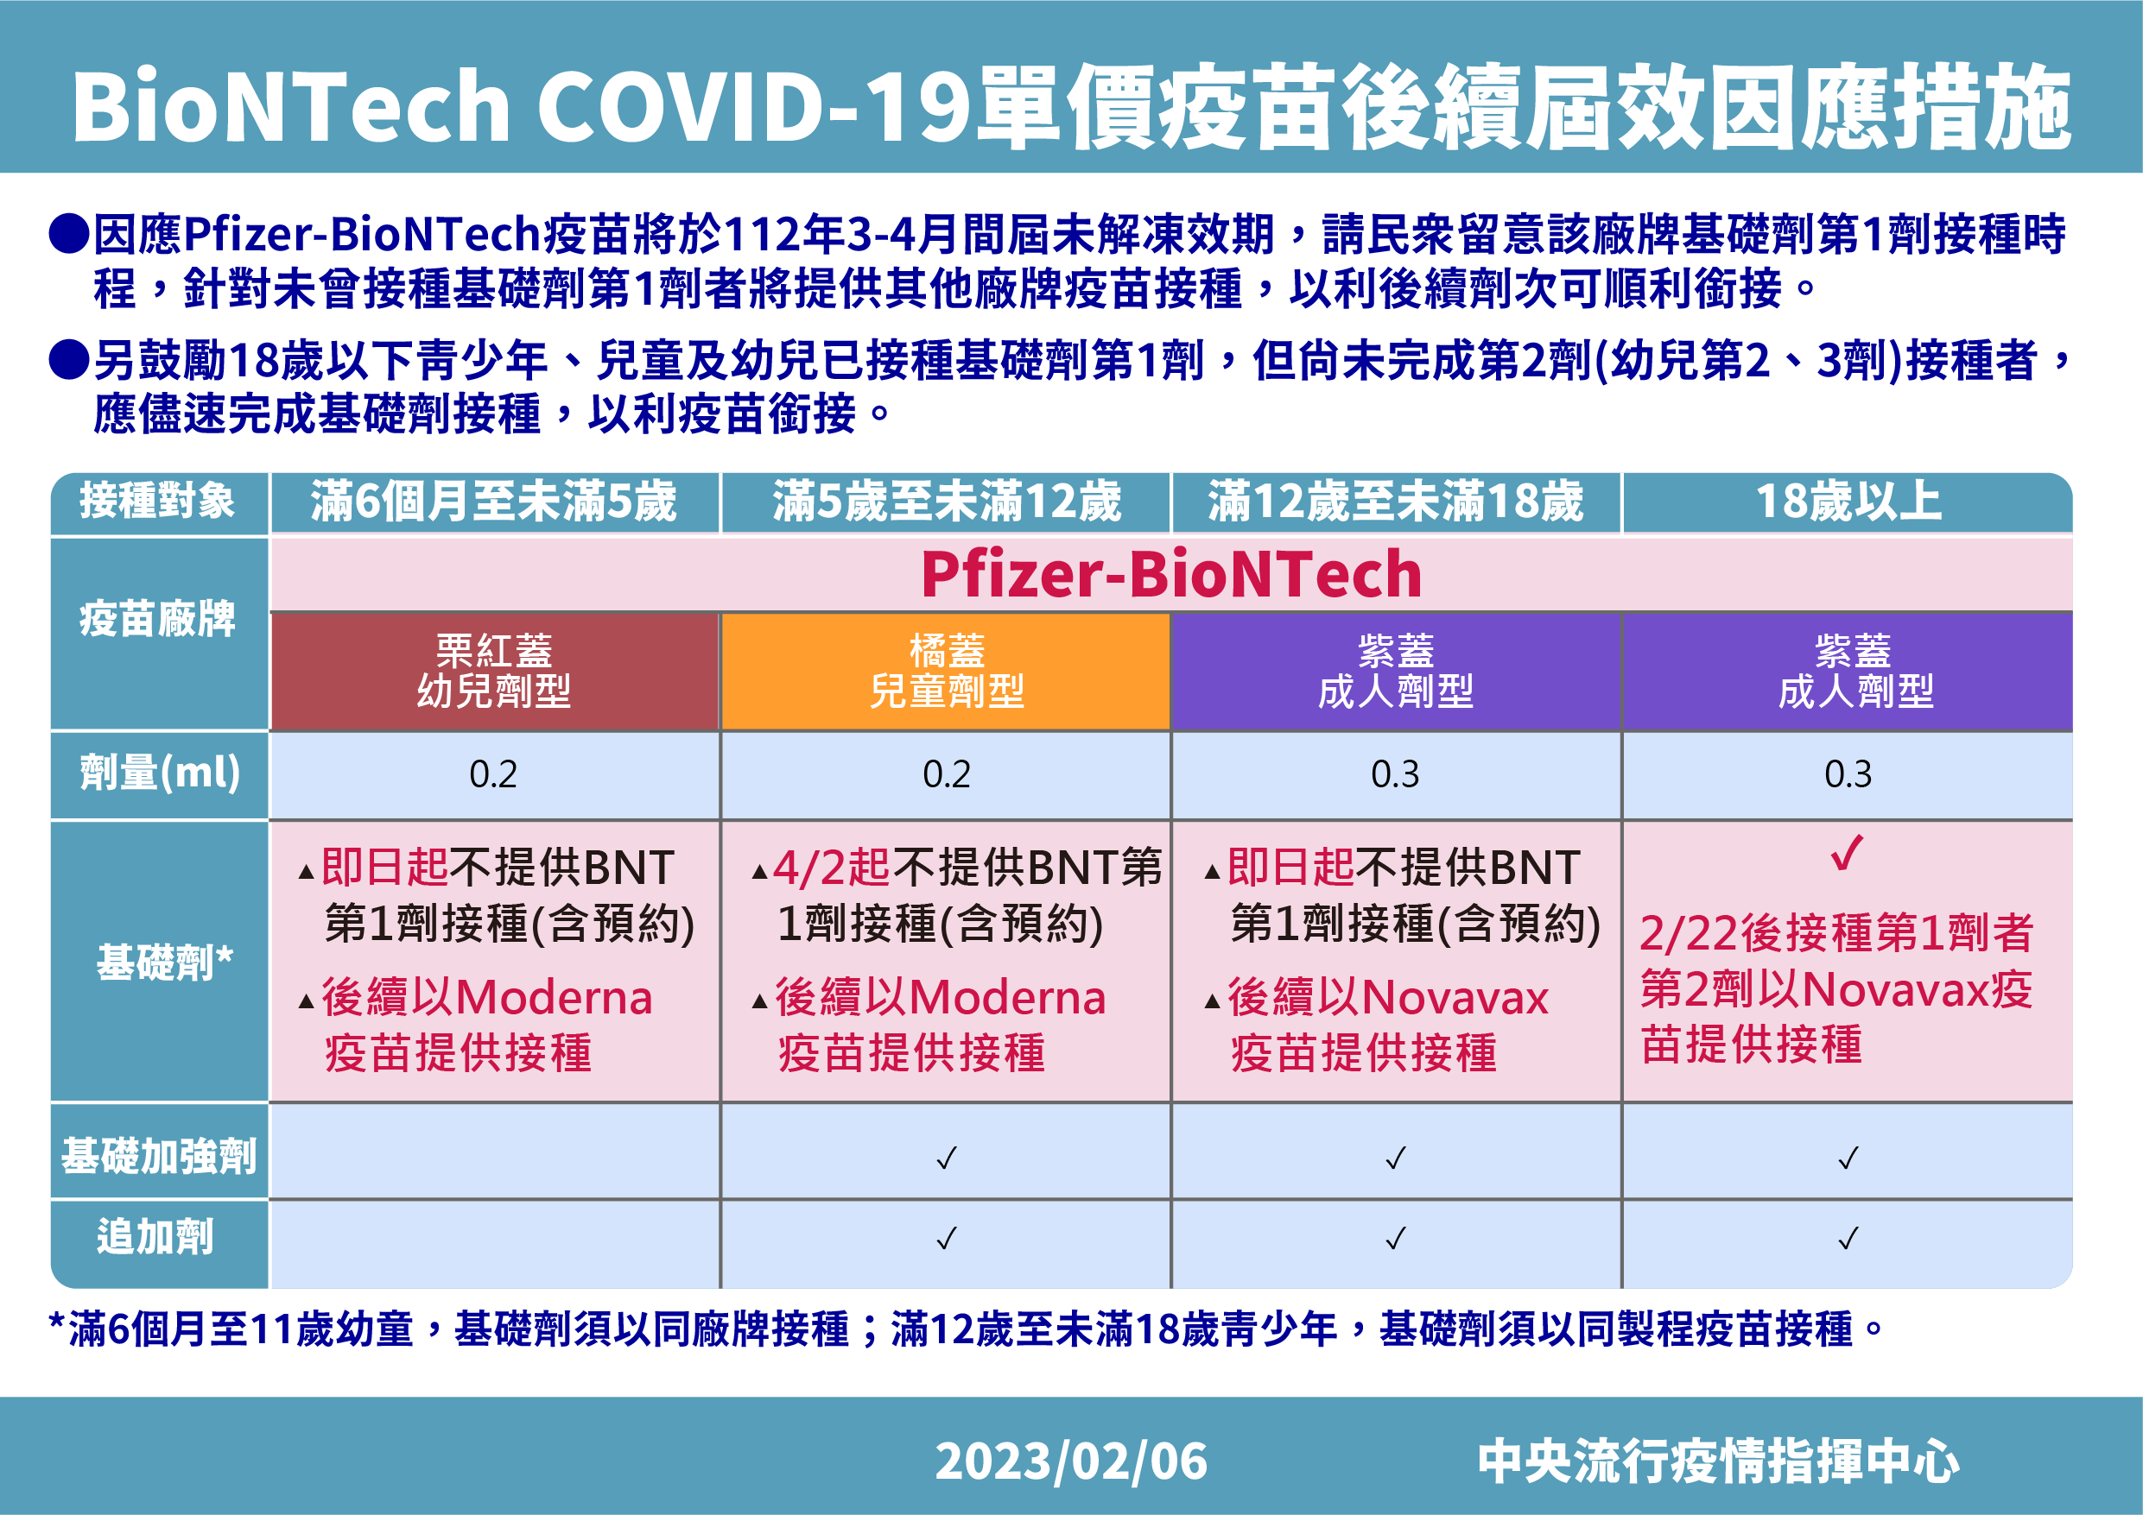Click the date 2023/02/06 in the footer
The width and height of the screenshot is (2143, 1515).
coord(1070,1461)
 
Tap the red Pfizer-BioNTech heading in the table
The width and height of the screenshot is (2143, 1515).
coord(1170,575)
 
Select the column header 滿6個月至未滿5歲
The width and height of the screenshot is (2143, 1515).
coord(494,502)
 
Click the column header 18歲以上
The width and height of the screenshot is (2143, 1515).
coord(1848,502)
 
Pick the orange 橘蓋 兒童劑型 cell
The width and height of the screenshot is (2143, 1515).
coord(947,672)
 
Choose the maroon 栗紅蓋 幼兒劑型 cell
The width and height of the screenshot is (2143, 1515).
coord(494,672)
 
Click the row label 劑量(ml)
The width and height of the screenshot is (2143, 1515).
coord(160,773)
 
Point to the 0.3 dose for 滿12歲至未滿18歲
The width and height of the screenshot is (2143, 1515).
coord(1394,774)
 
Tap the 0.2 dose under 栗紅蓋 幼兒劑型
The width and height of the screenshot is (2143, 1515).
coord(493,774)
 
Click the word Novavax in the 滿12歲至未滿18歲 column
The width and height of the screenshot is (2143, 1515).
coord(1455,998)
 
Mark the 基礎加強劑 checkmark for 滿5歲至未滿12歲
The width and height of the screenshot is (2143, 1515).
coord(947,1158)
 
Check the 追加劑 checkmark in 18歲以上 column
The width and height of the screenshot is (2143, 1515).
coord(1848,1238)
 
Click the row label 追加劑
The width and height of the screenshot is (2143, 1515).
coord(155,1238)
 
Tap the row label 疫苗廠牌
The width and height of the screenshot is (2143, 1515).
coord(158,620)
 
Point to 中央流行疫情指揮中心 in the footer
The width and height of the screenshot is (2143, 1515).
coord(1717,1461)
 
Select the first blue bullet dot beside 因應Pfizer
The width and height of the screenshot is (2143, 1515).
coord(68,233)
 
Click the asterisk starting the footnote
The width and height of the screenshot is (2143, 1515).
coord(57,1325)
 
